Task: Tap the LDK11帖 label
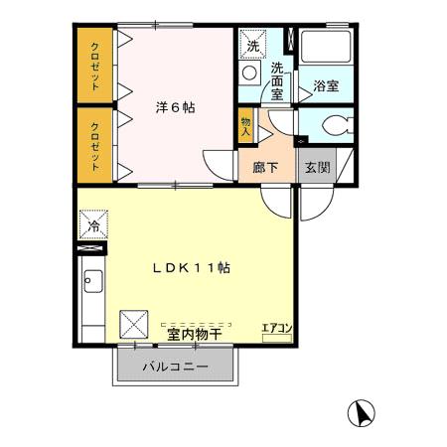coord(192,268)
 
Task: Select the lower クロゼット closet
coord(95,145)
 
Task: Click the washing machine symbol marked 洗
coord(252,45)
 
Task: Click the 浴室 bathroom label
coord(326,85)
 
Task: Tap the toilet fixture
coord(334,126)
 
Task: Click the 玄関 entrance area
coord(318,167)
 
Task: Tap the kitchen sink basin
coord(91,282)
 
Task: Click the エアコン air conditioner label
coord(276,328)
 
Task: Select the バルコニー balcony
coord(175,367)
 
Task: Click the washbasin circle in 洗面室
coord(249,75)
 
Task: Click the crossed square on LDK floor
coord(134,324)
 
